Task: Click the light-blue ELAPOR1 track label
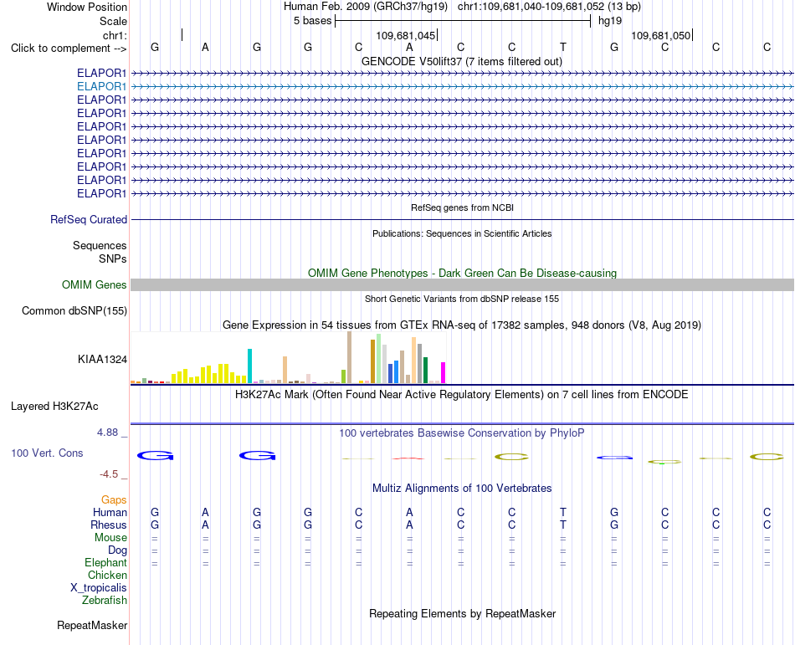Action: click(101, 87)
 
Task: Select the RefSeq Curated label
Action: click(89, 219)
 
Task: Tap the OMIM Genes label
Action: click(95, 284)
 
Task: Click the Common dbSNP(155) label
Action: click(74, 310)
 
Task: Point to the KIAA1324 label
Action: click(102, 359)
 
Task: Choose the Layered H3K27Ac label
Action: click(54, 407)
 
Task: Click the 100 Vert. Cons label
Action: click(47, 453)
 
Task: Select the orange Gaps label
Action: click(114, 500)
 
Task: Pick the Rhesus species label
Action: click(109, 525)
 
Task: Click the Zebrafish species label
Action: click(105, 601)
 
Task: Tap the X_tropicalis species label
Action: click(99, 588)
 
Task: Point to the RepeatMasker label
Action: click(92, 625)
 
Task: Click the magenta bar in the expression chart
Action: click(444, 372)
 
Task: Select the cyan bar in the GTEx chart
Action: click(249, 366)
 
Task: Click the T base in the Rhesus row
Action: click(563, 525)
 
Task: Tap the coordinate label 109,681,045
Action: click(406, 35)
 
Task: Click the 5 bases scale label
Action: click(312, 21)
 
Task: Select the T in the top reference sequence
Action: click(563, 47)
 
